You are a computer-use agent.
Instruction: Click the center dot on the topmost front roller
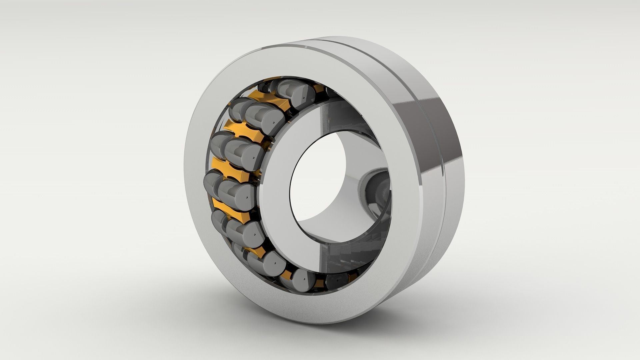(x=304, y=98)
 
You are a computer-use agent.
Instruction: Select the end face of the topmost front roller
(x=302, y=95)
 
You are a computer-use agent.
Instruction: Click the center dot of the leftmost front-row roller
(x=247, y=197)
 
